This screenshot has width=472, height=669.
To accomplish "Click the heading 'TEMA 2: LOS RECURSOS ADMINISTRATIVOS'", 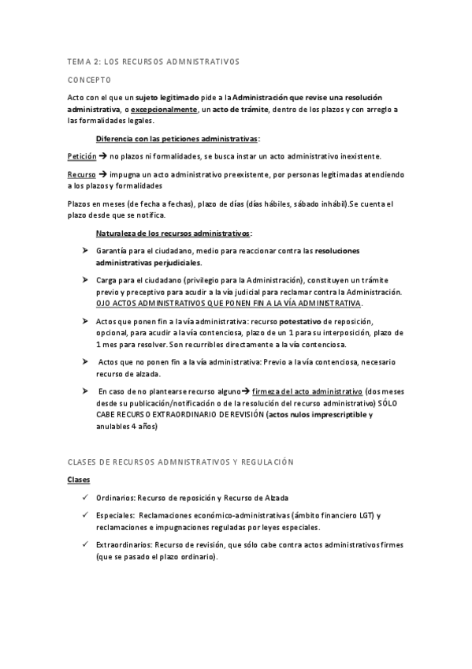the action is [x=153, y=61].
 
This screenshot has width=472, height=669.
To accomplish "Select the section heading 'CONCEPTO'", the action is [x=89, y=80].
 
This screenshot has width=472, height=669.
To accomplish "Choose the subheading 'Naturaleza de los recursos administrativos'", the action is [x=173, y=234].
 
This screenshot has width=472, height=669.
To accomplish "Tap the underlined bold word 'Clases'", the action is [x=79, y=480].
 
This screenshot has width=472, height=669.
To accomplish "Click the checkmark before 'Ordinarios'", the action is [x=84, y=498].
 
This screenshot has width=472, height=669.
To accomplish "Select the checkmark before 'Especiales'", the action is [x=84, y=515].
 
